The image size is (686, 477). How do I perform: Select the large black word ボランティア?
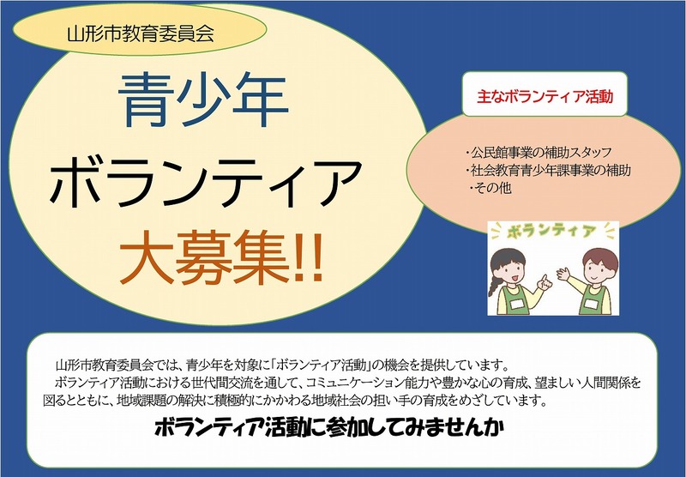pyautogui.click(x=202, y=182)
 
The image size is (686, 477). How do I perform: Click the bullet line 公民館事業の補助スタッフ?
pyautogui.click(x=534, y=152)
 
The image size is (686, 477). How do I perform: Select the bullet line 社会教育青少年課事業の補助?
pyautogui.click(x=546, y=170)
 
